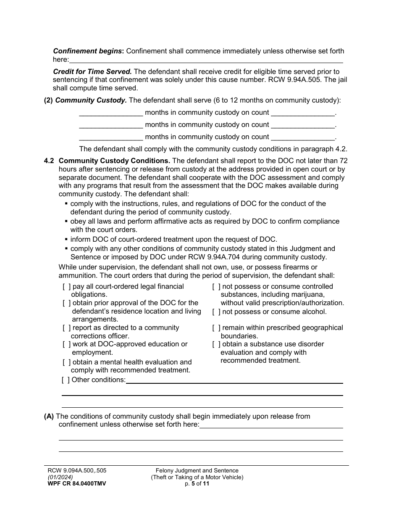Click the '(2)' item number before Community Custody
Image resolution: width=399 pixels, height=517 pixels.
pyautogui.click(x=49, y=100)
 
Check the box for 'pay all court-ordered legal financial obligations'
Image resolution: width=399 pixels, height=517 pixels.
pyautogui.click(x=66, y=287)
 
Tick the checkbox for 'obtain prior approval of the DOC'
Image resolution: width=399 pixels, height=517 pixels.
pyautogui.click(x=66, y=303)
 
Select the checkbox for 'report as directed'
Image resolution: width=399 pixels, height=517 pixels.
pyautogui.click(x=66, y=328)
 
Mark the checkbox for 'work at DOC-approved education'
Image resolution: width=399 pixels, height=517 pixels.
pyautogui.click(x=66, y=344)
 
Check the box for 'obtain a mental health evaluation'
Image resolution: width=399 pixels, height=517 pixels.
pyautogui.click(x=66, y=362)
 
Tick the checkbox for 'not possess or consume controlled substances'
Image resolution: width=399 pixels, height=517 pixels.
pyautogui.click(x=216, y=287)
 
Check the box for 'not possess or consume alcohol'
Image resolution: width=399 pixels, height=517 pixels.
pyautogui.click(x=216, y=312)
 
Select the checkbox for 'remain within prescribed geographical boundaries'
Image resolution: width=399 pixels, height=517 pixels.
pyautogui.click(x=216, y=328)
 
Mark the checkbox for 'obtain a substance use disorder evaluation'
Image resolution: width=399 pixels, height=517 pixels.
pyautogui.click(x=216, y=344)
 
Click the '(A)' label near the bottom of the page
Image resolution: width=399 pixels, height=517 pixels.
pyautogui.click(x=49, y=417)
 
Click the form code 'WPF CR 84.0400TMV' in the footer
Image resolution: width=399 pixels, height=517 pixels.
pyautogui.click(x=77, y=484)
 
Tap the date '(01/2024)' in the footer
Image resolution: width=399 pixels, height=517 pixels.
pyautogui.click(x=60, y=477)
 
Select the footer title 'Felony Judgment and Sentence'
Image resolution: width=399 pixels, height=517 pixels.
pyautogui.click(x=197, y=471)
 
